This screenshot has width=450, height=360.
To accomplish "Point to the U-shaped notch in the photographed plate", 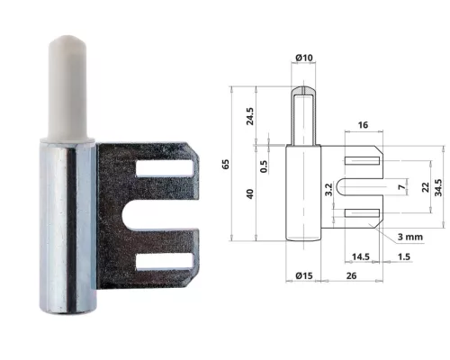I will point(161,215).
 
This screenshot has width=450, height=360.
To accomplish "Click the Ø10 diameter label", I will point(303,60).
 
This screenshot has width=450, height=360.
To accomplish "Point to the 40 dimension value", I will point(251,193).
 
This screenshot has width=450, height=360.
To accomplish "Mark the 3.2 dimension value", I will point(329,189).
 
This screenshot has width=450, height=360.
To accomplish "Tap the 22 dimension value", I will point(424,186).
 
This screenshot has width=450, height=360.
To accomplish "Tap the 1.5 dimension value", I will point(405,256).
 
